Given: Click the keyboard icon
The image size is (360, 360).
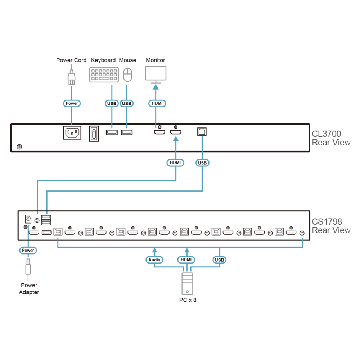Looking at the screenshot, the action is (x=104, y=75).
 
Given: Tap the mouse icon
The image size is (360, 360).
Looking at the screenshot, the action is (x=128, y=75).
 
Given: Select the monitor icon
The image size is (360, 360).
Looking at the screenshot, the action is (x=156, y=75).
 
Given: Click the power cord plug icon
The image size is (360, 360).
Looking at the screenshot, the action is (x=71, y=77).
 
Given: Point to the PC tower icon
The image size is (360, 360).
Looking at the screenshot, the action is (x=187, y=284).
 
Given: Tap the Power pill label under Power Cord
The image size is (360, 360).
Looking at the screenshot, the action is (x=72, y=103).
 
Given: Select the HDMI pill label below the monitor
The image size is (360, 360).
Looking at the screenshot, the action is (x=157, y=103).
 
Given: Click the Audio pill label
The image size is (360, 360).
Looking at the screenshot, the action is (x=154, y=260).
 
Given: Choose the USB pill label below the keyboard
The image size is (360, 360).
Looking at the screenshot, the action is (x=112, y=104).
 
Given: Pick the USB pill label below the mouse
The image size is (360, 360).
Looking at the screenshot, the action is (x=126, y=104).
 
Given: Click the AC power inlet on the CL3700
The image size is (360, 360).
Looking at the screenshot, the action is (x=72, y=132).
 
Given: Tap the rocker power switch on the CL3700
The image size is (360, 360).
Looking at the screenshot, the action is (x=94, y=134).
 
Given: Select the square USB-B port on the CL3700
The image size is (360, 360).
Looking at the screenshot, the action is (x=202, y=131).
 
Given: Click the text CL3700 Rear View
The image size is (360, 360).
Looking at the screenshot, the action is (x=331, y=138).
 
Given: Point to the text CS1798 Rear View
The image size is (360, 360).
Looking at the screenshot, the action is (x=331, y=226).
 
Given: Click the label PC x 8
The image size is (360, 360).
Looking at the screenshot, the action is (x=188, y=300).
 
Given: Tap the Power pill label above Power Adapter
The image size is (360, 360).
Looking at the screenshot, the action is (x=28, y=250).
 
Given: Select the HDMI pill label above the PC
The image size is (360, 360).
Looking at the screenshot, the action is (x=186, y=260).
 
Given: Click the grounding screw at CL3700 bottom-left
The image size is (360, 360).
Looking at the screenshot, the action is (x=19, y=147).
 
